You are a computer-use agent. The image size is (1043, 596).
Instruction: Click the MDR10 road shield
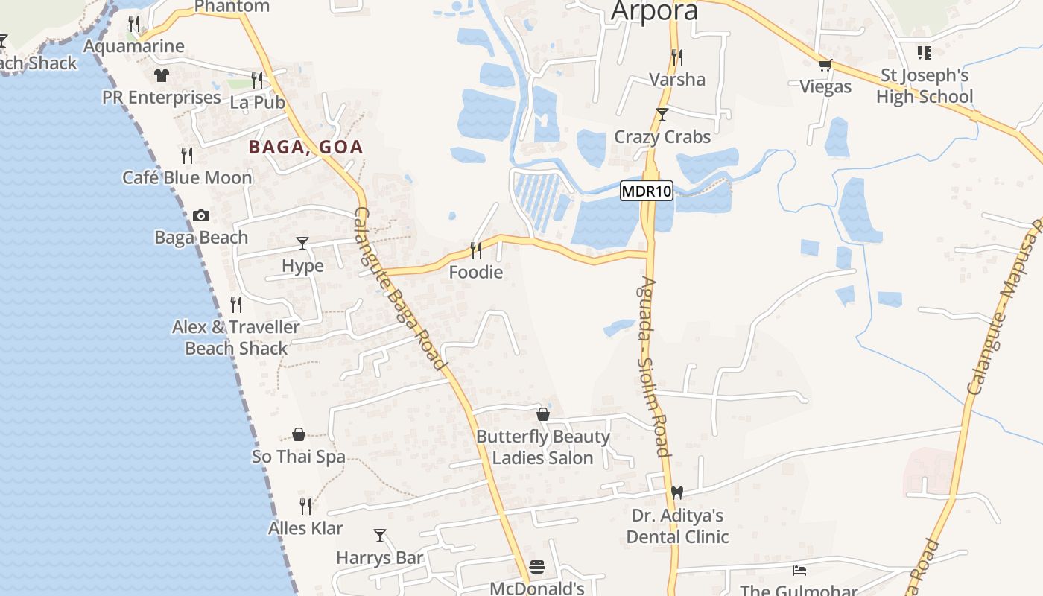tap(647, 191)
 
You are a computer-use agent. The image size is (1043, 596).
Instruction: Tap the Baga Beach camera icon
tap(201, 216)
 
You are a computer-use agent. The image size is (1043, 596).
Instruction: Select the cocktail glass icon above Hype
tap(302, 244)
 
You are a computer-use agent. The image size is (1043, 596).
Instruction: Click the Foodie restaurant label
tap(475, 273)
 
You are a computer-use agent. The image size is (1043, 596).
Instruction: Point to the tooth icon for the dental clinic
tap(677, 492)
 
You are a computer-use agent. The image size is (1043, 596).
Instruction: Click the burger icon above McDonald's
tap(536, 567)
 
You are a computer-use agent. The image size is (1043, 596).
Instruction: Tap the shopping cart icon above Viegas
tap(825, 66)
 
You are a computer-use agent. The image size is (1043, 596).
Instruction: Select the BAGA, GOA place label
tap(305, 147)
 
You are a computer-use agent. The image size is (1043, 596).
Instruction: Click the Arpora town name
tap(655, 11)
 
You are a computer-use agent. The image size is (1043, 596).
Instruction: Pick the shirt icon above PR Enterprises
tap(161, 74)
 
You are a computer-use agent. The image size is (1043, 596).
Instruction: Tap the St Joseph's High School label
tap(925, 86)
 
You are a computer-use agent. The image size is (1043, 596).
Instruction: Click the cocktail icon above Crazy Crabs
tap(662, 115)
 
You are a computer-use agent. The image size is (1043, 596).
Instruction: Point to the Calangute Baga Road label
tap(399, 289)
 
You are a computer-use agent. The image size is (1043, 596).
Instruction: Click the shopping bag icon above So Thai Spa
tap(299, 434)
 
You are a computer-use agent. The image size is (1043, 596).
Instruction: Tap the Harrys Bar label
tap(379, 557)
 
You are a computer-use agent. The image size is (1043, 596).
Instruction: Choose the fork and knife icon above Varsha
tap(677, 57)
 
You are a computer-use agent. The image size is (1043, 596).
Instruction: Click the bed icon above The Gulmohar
tap(799, 571)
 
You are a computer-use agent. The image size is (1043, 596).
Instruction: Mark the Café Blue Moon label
tap(187, 177)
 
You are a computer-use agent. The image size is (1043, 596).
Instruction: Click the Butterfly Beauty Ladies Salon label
tap(543, 447)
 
